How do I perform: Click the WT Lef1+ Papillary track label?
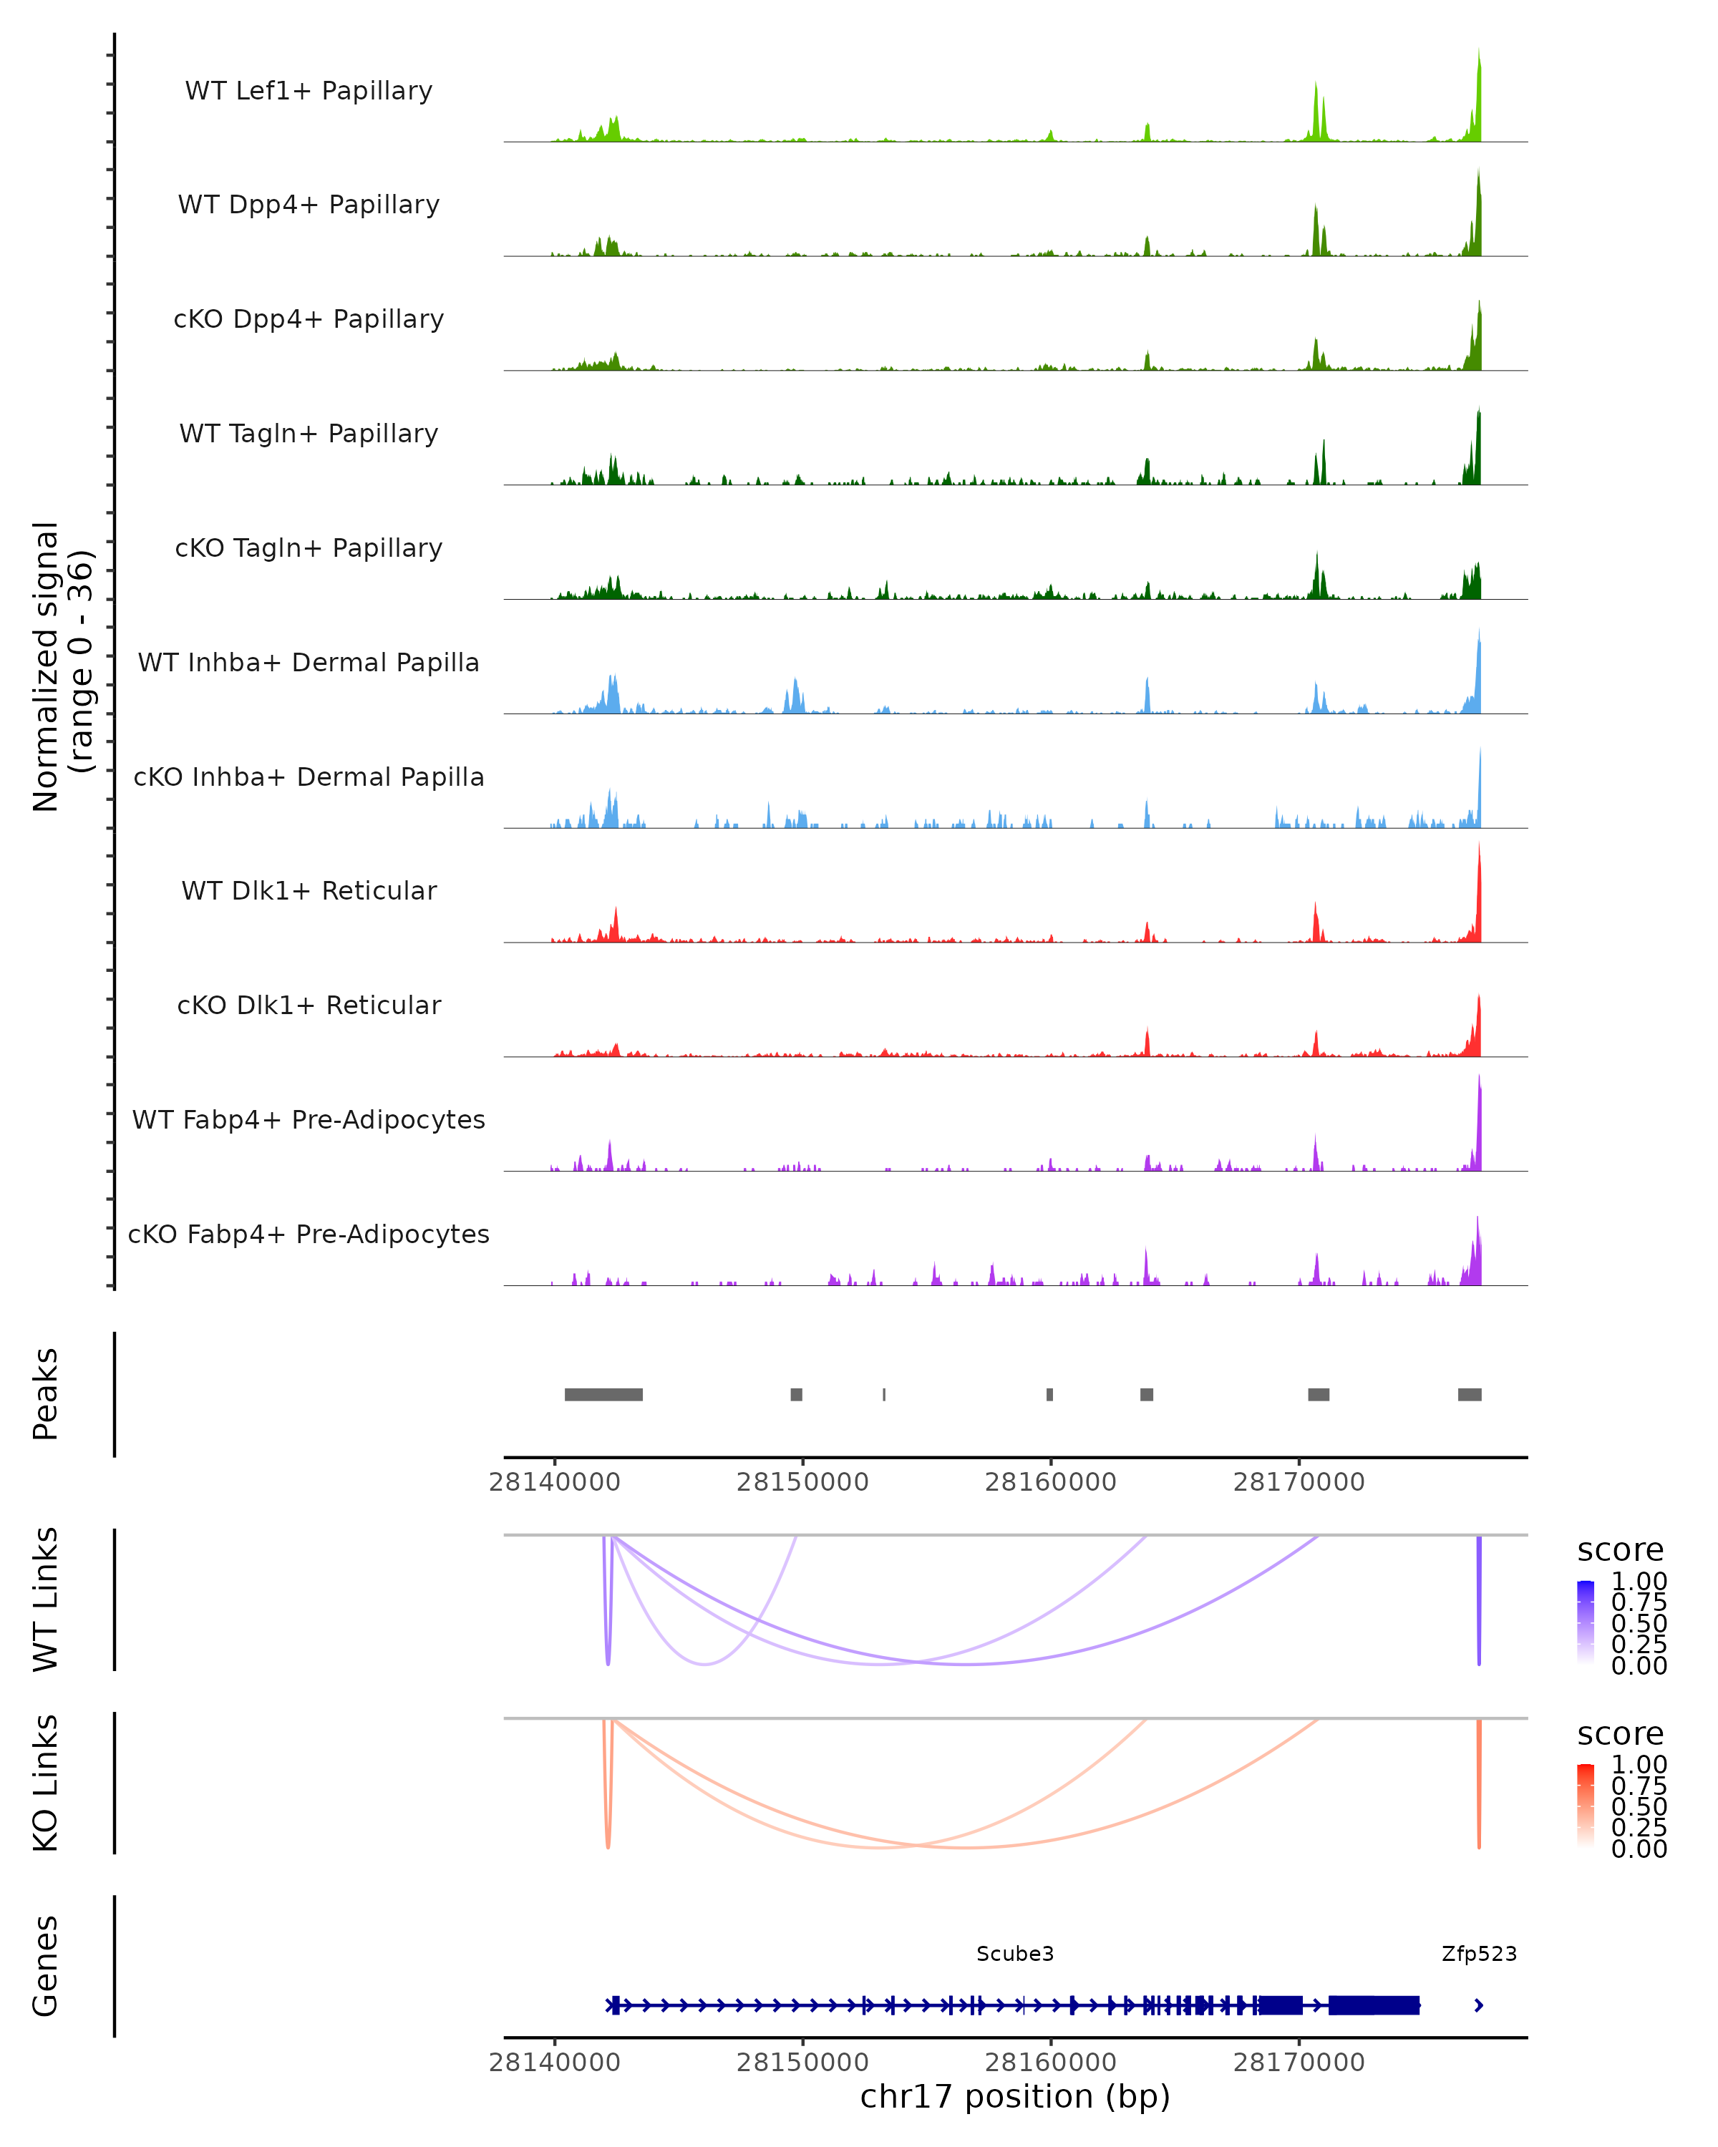coord(309,91)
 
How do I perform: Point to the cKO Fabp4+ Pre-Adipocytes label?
coord(309,1234)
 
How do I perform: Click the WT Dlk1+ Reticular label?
coord(309,890)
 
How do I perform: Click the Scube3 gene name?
coord(1015,1953)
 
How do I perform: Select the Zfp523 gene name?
coord(1479,1953)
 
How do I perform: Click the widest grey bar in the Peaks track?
coord(603,1394)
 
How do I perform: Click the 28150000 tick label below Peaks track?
coord(802,1482)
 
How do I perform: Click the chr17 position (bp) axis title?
coord(1015,2096)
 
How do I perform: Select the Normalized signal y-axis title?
coord(62,666)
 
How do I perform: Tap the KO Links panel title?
coord(46,1783)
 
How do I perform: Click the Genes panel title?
coord(46,1966)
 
